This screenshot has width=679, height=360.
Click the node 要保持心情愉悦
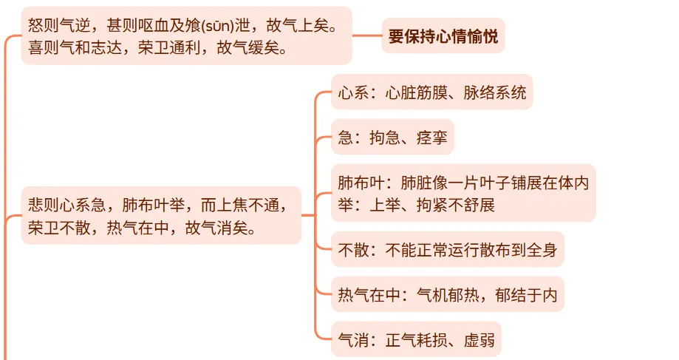click(x=443, y=35)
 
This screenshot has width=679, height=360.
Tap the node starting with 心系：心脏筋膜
click(x=431, y=92)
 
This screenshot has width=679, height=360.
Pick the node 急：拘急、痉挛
click(x=392, y=137)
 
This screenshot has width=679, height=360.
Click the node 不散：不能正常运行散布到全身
click(x=447, y=250)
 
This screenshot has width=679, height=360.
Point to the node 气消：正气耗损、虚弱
click(x=415, y=341)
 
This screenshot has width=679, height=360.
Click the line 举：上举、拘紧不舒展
click(x=416, y=205)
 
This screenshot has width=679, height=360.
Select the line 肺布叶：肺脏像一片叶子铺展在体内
click(x=463, y=183)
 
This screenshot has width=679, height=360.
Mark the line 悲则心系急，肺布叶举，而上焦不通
click(x=160, y=205)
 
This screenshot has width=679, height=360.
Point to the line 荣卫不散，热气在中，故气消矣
click(x=142, y=226)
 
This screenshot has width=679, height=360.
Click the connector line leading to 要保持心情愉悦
click(x=366, y=35)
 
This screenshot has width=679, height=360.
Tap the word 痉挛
click(x=432, y=137)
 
